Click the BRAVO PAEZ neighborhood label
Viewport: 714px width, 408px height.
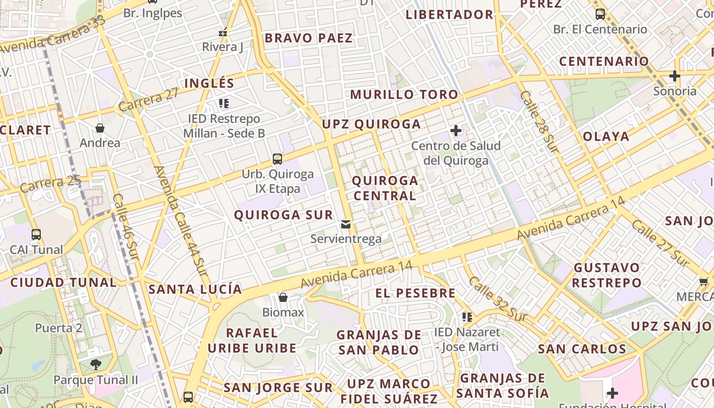tap(309, 38)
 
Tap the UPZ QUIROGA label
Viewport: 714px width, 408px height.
tap(371, 124)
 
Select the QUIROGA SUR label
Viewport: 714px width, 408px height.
tap(283, 215)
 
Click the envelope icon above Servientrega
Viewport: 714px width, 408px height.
tap(346, 224)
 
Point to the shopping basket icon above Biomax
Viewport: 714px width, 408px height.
tap(283, 297)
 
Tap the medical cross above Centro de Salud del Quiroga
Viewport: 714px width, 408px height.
tap(455, 131)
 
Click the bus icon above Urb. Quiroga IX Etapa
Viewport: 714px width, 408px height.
tap(277, 159)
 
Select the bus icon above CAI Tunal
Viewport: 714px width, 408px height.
tap(36, 235)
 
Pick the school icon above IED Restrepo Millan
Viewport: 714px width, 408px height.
tap(223, 104)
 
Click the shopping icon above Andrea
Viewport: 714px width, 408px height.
tap(100, 128)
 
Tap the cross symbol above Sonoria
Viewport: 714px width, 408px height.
tap(674, 76)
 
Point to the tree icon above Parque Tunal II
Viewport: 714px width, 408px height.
tap(95, 364)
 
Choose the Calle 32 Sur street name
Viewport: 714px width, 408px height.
tap(497, 298)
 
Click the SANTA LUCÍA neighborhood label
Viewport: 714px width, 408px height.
tap(195, 290)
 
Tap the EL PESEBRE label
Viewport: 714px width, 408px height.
tap(415, 293)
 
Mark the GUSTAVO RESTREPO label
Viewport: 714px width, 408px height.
tap(606, 275)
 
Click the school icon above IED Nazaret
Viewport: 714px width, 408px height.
tap(467, 318)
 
